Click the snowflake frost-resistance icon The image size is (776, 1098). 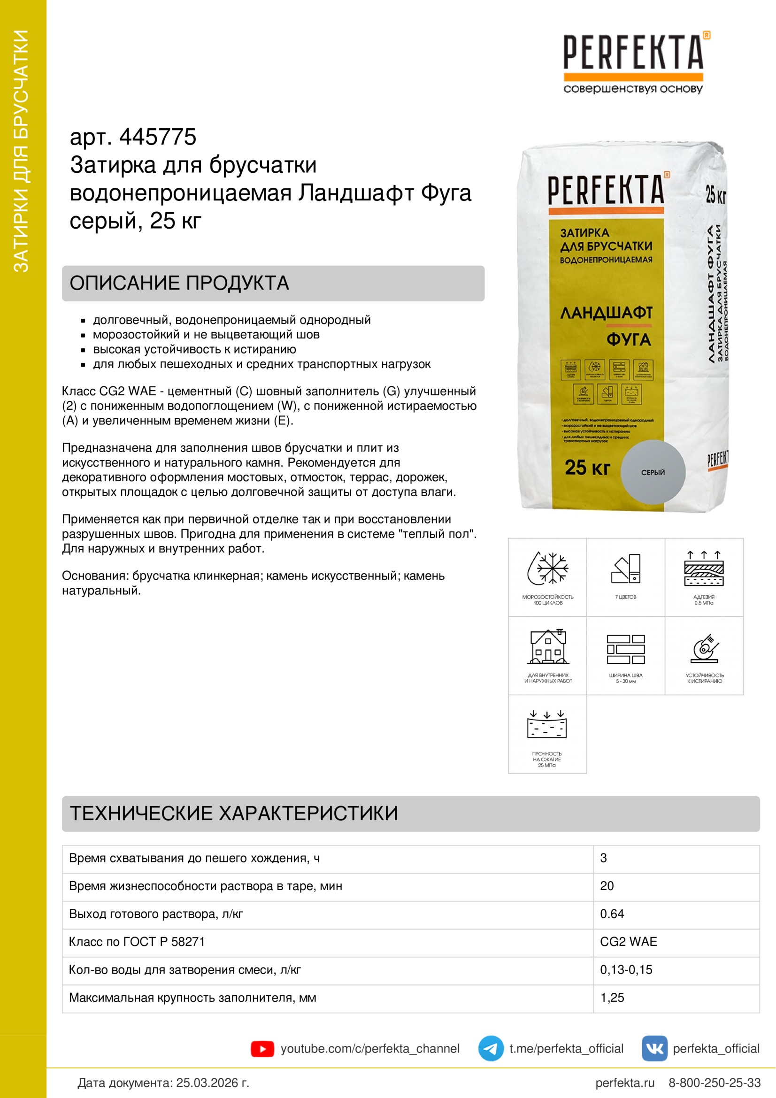point(547,568)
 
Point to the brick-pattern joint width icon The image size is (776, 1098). point(625,649)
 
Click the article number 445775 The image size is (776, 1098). point(157,137)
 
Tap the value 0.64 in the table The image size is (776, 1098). point(612,914)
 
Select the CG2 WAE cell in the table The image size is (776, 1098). point(628,942)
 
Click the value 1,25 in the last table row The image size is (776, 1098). point(612,998)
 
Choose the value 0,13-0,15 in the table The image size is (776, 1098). point(626,970)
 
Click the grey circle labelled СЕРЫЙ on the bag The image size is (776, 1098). point(653,472)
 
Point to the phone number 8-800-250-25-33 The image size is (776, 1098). point(715,1083)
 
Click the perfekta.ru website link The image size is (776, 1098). point(624,1083)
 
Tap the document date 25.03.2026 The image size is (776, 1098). point(213,1083)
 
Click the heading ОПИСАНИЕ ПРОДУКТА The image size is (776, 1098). point(179,283)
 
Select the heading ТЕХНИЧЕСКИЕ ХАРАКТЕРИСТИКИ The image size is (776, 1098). point(234,814)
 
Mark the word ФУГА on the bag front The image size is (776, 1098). point(628,339)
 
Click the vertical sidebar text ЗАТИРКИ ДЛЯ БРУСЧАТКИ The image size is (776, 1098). point(22,151)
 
